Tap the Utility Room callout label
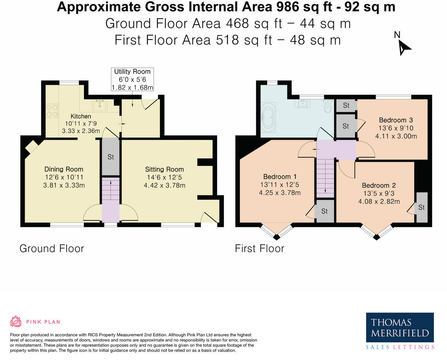132,79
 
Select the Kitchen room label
81,116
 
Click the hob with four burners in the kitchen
52,110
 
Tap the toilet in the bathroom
328,107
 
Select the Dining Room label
64,169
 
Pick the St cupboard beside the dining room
111,157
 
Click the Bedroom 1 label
280,176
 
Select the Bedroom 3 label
396,120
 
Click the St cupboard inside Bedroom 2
421,208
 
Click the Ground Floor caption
52,248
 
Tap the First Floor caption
260,248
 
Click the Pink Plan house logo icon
16,322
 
